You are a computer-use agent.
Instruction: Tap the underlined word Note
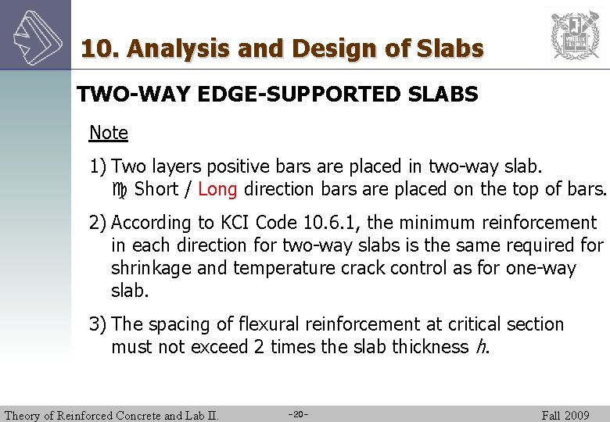[x=108, y=133]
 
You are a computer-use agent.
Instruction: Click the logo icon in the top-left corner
[x=35, y=35]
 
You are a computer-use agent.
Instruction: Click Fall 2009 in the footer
[x=565, y=415]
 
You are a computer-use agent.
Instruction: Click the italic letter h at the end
[x=480, y=347]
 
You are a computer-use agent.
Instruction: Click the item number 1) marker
[x=99, y=167]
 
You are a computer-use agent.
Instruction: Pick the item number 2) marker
[x=99, y=224]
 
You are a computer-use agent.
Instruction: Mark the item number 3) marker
[x=99, y=324]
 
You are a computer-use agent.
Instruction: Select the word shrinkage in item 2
[x=152, y=268]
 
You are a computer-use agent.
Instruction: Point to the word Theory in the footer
[x=25, y=415]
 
